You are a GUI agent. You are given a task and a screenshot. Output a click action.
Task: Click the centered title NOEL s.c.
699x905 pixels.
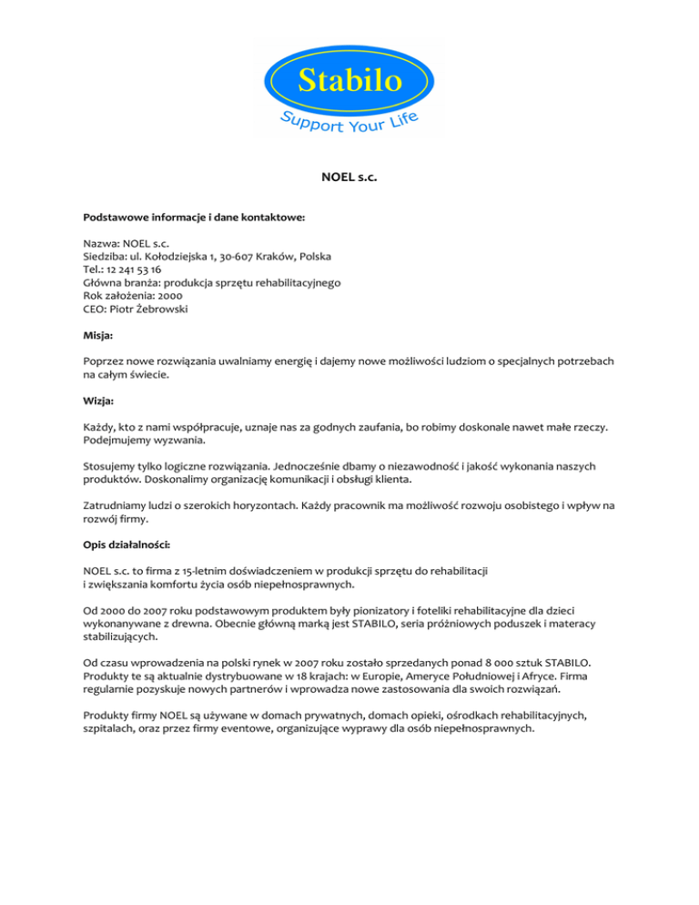coord(349,179)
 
